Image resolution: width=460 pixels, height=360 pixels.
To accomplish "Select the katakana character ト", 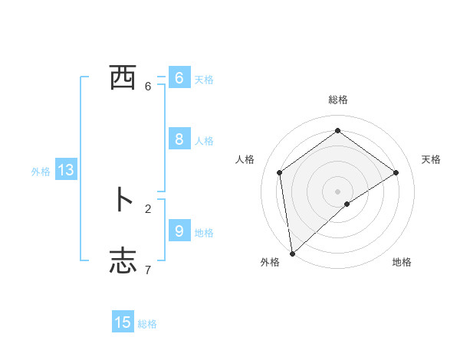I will (x=123, y=200).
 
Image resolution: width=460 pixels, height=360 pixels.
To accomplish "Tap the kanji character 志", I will (x=123, y=260).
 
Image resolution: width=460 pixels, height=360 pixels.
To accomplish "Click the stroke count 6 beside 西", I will (x=148, y=87).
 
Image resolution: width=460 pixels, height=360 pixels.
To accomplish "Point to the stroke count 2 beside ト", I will (x=148, y=208).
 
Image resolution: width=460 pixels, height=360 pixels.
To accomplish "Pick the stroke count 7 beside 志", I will (x=148, y=270).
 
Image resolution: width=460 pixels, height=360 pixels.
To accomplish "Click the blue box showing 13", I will (x=66, y=170).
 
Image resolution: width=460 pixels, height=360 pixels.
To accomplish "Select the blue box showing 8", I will (x=179, y=139).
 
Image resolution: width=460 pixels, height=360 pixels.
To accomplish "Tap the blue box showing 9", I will (x=179, y=231).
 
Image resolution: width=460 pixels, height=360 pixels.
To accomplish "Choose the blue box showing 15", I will (x=123, y=322).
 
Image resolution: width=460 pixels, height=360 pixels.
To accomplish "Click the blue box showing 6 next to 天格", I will (x=179, y=78).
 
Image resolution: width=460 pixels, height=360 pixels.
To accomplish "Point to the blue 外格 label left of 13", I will (x=41, y=172).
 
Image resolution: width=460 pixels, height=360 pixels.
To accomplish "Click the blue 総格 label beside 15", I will (x=147, y=324).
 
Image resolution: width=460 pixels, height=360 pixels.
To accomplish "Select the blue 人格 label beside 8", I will (x=204, y=141).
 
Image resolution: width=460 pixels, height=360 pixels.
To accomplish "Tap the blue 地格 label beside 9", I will (x=204, y=232).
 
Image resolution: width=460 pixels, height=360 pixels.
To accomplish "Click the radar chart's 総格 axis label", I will (x=338, y=100).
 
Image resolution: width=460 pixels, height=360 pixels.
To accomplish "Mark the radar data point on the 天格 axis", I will (x=396, y=172).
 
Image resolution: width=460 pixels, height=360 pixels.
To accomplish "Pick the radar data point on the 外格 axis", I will (x=291, y=253).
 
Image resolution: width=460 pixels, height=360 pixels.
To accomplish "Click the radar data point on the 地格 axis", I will (x=347, y=204).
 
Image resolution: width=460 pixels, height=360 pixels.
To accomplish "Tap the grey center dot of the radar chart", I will (x=337, y=191).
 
